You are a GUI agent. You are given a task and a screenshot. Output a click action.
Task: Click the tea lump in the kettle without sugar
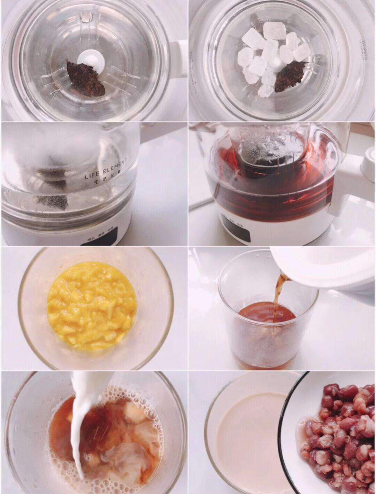[86, 78]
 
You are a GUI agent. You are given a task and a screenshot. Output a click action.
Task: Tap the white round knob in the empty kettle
[91, 63]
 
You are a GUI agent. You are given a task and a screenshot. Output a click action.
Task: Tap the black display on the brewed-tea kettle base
[237, 231]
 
